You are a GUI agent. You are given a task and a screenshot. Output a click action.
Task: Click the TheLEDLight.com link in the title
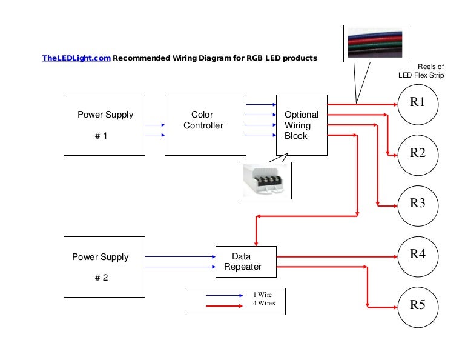tap(76, 58)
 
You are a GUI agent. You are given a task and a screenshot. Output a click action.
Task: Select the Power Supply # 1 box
tap(105, 125)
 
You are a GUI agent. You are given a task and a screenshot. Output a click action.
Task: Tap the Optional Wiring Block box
tap(302, 125)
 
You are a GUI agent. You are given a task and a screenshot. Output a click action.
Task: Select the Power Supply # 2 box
tap(105, 267)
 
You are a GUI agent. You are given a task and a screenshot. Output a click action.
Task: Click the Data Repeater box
tap(246, 261)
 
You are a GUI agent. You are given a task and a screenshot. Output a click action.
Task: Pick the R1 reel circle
tap(418, 102)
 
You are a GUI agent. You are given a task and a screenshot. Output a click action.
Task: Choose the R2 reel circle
tap(418, 153)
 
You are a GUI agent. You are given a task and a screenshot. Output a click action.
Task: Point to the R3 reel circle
tap(418, 203)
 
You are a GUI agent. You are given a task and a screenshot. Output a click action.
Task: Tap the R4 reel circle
tap(418, 254)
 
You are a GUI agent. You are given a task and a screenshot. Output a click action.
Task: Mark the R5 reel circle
tap(418, 304)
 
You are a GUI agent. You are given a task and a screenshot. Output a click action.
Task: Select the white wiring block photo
tap(263, 180)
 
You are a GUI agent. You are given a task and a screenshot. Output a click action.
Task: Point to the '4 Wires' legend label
tap(264, 303)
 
